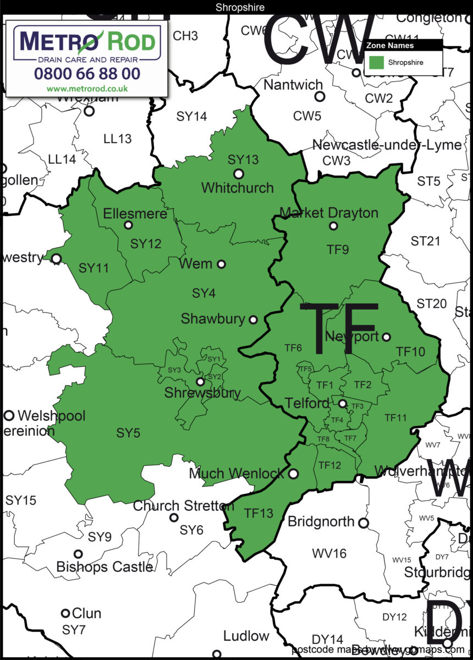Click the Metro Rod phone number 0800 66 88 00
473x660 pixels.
point(87,73)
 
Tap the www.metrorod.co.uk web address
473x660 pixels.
point(87,88)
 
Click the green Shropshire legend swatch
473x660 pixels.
point(376,62)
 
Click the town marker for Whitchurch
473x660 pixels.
point(238,174)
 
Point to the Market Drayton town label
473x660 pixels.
point(329,213)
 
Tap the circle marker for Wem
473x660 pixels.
point(221,264)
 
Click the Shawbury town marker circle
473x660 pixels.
point(254,319)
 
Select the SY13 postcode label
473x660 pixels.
point(243,159)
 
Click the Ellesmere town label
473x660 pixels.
point(135,213)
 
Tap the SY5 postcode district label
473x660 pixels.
point(128,433)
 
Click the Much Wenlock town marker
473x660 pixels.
point(294,473)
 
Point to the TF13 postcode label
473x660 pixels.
point(258,513)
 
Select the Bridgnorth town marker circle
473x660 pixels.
point(364,523)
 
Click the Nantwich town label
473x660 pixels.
point(293,85)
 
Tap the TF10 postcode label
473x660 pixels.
point(411,351)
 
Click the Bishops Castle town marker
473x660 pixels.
point(79,554)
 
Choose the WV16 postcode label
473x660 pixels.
point(329,553)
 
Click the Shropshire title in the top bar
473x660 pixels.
point(237,7)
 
